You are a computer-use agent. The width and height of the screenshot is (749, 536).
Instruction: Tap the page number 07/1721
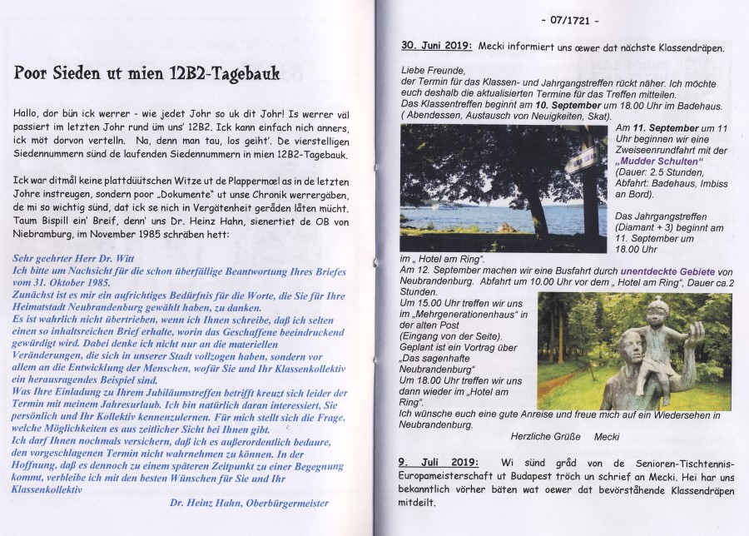(570, 20)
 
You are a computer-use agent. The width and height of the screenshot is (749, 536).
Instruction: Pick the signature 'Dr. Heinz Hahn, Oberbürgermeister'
(249, 503)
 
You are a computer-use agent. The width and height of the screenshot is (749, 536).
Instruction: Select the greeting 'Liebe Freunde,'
(434, 70)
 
